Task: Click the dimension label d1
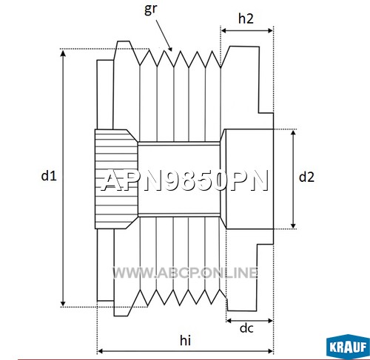click(49, 176)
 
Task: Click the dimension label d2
click(306, 177)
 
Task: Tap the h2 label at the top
click(246, 18)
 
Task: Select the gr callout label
click(150, 10)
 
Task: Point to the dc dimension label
click(246, 327)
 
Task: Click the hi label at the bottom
click(185, 341)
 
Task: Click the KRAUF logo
click(348, 347)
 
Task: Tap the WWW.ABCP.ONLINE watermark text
click(185, 273)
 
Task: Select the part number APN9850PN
click(185, 181)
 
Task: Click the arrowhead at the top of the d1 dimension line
click(63, 52)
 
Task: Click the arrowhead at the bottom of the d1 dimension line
click(63, 303)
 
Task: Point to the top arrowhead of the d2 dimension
click(293, 133)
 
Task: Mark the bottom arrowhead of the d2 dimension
click(293, 225)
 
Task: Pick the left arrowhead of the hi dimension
click(101, 351)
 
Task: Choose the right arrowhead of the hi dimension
click(270, 351)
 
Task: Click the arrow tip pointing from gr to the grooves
click(171, 50)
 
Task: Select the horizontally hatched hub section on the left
click(116, 179)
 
